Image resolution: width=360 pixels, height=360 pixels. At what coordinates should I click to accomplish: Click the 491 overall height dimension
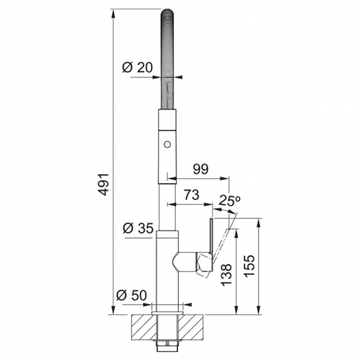pyautogui.click(x=105, y=185)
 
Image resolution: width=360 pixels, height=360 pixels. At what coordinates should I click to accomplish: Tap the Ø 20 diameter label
pyautogui.click(x=137, y=67)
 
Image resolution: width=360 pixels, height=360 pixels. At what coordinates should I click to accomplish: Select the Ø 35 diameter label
pyautogui.click(x=137, y=228)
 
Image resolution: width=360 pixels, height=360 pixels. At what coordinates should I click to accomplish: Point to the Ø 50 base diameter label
pyautogui.click(x=132, y=295)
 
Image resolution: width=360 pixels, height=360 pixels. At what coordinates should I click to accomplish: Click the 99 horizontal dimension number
pyautogui.click(x=200, y=169)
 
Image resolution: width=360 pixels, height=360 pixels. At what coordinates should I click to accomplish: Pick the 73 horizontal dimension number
pyautogui.click(x=192, y=194)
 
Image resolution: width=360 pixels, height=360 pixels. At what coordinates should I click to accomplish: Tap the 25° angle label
pyautogui.click(x=229, y=201)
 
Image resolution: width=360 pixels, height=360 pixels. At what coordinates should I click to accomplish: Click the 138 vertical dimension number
pyautogui.click(x=226, y=275)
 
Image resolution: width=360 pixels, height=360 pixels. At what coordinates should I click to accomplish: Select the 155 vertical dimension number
pyautogui.click(x=249, y=266)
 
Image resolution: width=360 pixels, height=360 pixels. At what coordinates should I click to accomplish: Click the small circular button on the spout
pyautogui.click(x=167, y=145)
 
